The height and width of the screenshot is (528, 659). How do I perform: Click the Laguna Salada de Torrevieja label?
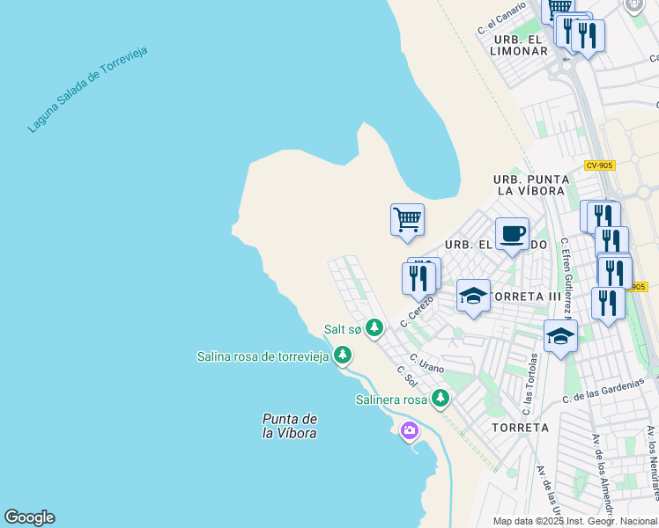pyautogui.click(x=87, y=89)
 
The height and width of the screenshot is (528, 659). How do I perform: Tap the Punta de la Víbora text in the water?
pyautogui.click(x=289, y=426)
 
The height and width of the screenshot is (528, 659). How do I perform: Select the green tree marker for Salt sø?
pyautogui.click(x=374, y=328)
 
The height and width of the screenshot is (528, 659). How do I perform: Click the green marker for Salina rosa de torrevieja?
pyautogui.click(x=342, y=356)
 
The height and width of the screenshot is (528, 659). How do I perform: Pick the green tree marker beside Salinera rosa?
pyautogui.click(x=441, y=400)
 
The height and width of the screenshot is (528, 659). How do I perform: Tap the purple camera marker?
pyautogui.click(x=409, y=430)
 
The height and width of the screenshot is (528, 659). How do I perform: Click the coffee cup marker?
pyautogui.click(x=512, y=234)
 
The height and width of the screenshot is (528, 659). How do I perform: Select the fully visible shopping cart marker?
pyautogui.click(x=407, y=219)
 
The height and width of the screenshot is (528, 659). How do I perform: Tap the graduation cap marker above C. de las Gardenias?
pyautogui.click(x=560, y=336)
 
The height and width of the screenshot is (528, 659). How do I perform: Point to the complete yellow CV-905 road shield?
pyautogui.click(x=599, y=165)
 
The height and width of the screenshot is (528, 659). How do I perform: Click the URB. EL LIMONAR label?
pyautogui.click(x=520, y=46)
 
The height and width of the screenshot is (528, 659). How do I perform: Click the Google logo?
pyautogui.click(x=29, y=517)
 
